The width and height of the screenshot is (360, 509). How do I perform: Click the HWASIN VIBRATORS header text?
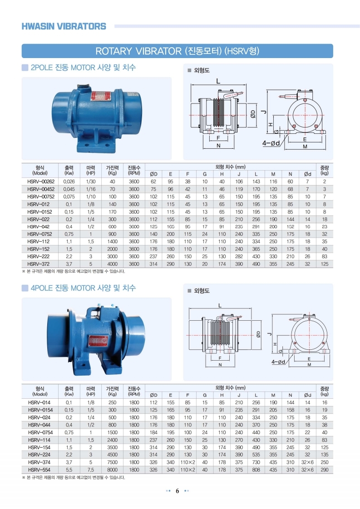point(64,26)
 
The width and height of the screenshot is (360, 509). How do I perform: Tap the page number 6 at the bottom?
point(178,491)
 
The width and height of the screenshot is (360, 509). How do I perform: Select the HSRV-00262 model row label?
point(41,182)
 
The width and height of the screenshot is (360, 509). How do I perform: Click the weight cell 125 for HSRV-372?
point(324,264)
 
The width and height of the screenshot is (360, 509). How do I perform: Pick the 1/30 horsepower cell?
point(91,182)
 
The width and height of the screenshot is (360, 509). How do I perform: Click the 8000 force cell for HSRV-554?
point(113,470)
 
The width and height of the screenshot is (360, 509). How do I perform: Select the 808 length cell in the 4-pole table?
point(256,470)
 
